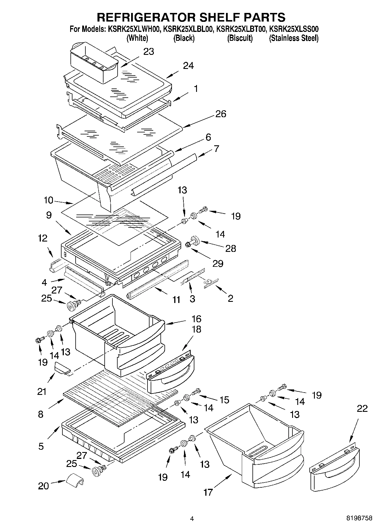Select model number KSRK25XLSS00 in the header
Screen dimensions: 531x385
point(294,29)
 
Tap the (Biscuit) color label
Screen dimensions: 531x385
point(240,38)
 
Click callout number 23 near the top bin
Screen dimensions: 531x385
point(149,52)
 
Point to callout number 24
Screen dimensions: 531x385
point(188,66)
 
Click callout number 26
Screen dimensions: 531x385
point(221,114)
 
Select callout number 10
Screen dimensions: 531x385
point(49,200)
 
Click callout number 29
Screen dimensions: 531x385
point(218,263)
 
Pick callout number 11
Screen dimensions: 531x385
point(176,300)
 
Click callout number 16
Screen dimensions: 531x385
point(196,319)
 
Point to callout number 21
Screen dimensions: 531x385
point(42,391)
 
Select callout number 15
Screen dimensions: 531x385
point(224,399)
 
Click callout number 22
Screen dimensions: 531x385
point(362,408)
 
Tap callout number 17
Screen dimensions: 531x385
point(208,492)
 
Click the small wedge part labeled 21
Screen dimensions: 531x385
point(62,368)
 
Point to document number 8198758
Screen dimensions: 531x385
point(359,518)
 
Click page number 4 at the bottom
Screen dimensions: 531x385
point(192,519)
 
